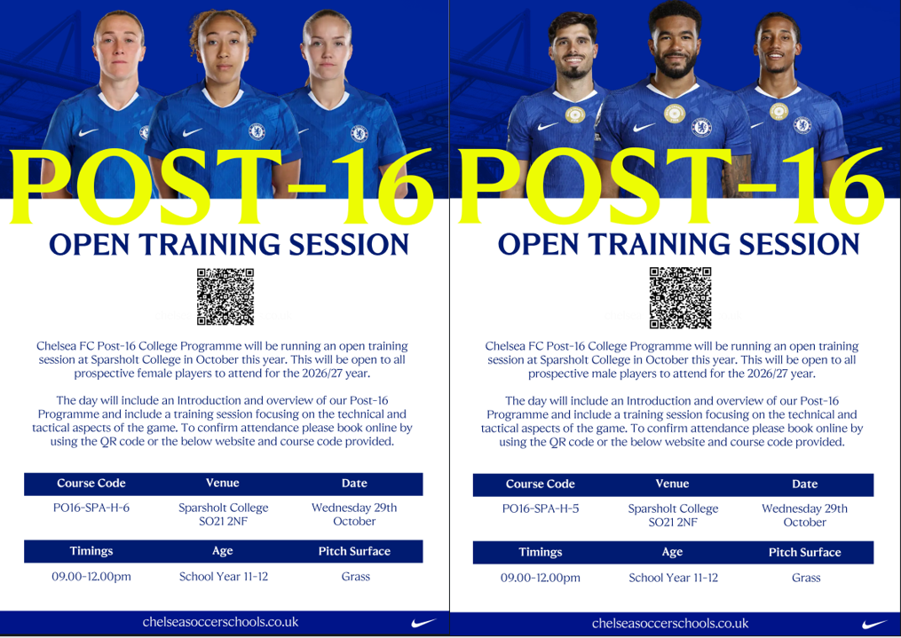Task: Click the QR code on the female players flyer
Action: [225, 296]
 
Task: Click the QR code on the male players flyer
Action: [680, 297]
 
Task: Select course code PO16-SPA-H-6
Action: [91, 508]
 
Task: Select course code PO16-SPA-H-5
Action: [540, 508]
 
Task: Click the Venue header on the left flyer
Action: [223, 483]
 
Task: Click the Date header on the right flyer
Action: [804, 484]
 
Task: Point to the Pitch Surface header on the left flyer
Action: [354, 551]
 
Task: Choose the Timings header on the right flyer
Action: [540, 553]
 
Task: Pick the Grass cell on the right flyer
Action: [806, 578]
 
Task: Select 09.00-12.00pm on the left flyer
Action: [91, 577]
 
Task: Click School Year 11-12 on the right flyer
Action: [673, 578]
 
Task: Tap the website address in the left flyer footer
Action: [221, 622]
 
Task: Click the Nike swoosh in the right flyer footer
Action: [874, 624]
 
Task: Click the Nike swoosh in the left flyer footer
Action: [423, 623]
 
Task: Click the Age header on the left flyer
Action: [223, 551]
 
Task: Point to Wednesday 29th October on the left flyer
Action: [354, 515]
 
